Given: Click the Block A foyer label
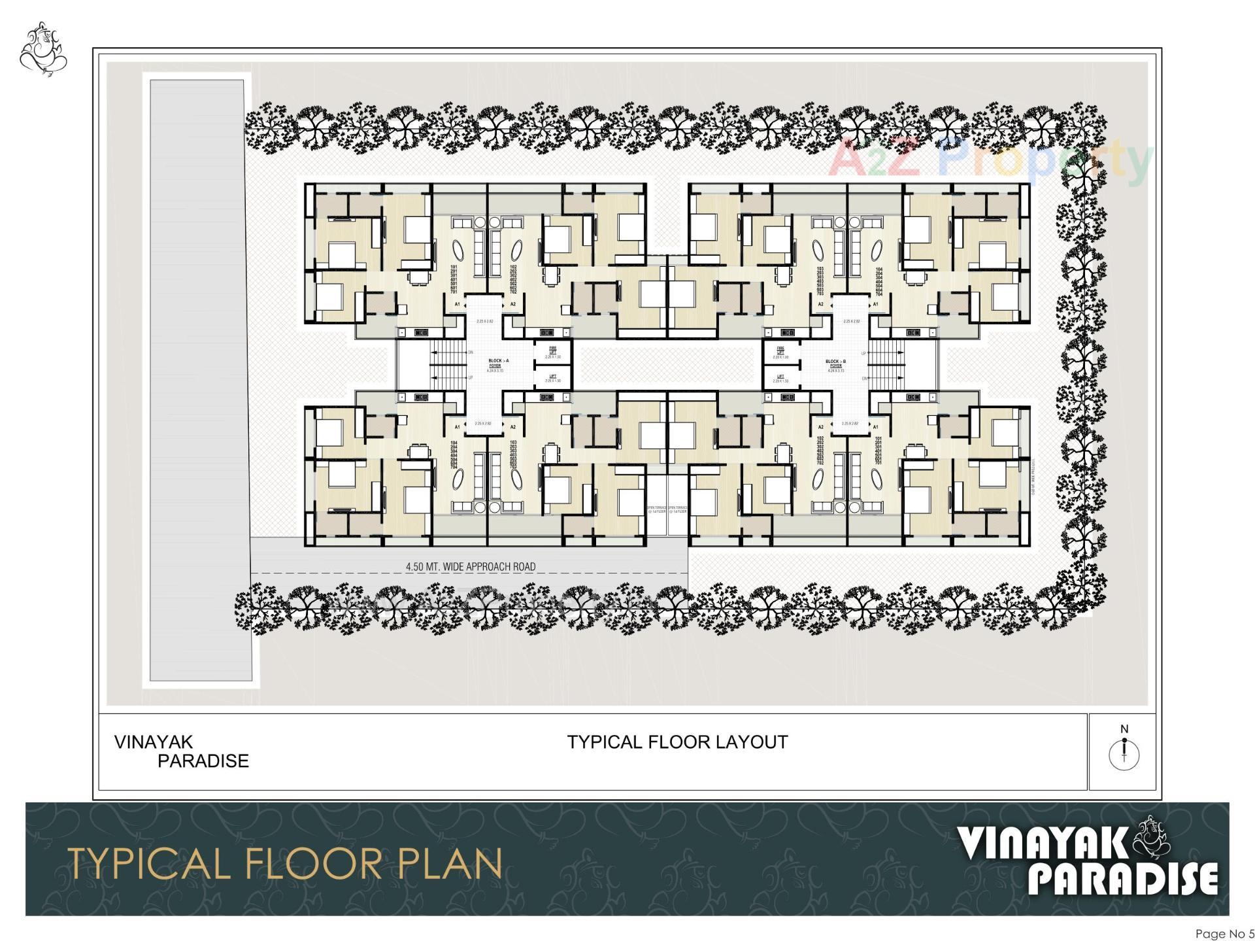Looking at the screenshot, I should (498, 364).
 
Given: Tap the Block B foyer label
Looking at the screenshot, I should (835, 364).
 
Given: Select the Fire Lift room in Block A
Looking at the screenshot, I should (552, 352).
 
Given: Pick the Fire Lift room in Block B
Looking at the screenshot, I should (780, 352).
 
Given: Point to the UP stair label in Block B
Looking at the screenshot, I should (863, 353).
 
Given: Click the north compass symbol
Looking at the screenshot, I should (1124, 754).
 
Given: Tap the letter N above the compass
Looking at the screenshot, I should (1124, 729).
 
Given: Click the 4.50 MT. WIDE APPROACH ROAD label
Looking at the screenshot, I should (470, 566).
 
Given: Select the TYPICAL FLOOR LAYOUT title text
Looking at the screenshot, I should (677, 742).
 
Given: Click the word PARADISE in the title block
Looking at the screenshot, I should (203, 761).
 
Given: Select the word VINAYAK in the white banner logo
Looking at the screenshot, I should (1043, 844).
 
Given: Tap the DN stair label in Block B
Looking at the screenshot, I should (863, 379).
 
